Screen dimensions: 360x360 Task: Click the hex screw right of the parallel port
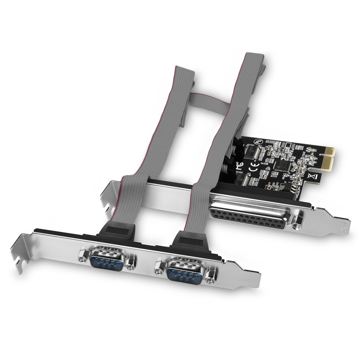(x=297, y=221)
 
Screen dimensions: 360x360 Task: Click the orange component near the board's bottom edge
(x=269, y=186)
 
